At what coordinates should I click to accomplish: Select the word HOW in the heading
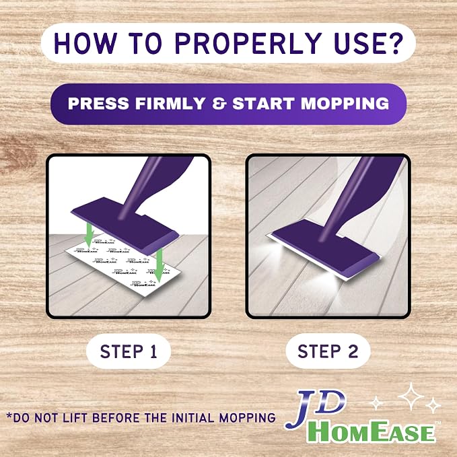(85, 43)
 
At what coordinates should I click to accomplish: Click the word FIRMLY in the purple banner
(170, 104)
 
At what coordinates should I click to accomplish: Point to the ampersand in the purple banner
(219, 104)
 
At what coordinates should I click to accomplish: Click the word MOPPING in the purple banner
(345, 104)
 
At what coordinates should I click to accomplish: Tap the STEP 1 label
(129, 351)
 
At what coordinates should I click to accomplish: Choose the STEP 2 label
(328, 351)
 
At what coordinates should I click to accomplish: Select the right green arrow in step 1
(159, 265)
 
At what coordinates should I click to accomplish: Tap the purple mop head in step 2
(325, 248)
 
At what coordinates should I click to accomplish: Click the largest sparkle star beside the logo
(411, 396)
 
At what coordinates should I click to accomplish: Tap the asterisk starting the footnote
(9, 416)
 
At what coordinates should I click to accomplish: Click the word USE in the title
(359, 43)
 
